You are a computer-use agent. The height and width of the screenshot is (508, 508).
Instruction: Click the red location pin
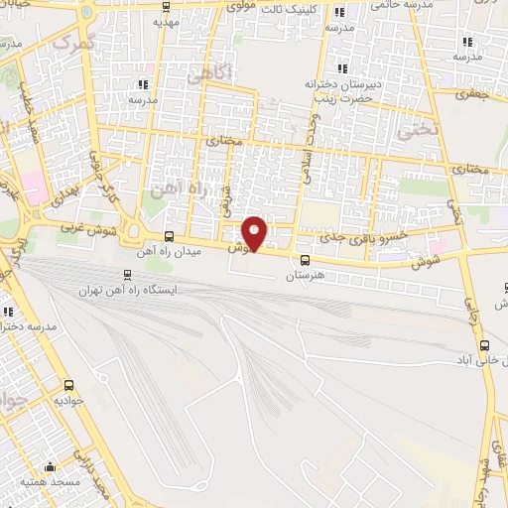255,232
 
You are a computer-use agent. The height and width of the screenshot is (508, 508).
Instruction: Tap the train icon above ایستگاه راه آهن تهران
126,275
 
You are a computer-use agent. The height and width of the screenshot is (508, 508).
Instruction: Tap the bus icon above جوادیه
68,385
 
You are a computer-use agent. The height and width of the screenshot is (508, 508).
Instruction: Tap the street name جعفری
467,95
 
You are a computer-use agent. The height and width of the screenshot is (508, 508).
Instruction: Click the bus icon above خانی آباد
484,345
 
